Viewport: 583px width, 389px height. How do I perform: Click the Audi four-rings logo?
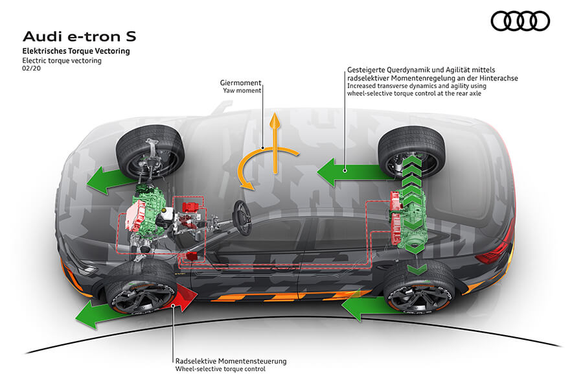click(520, 21)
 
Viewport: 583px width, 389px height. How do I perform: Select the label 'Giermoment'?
click(240, 83)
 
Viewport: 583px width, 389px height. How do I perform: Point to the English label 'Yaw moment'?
click(242, 91)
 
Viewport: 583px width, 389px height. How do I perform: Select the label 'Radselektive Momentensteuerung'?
click(231, 360)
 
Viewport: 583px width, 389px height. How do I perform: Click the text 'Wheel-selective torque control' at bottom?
click(220, 370)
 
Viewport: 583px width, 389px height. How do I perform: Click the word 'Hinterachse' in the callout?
click(498, 78)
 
